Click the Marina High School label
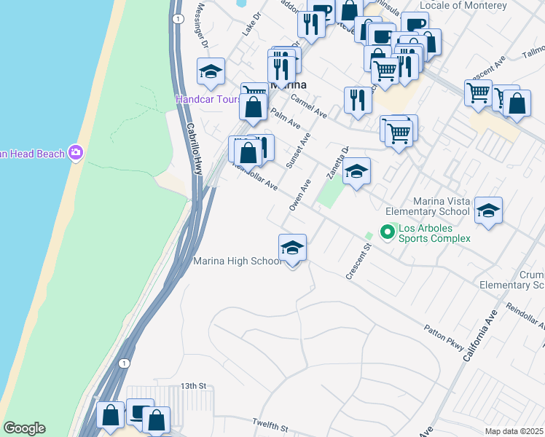[x=237, y=261]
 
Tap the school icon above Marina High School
[x=292, y=248]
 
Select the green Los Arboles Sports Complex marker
[x=388, y=232]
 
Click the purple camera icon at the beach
[x=75, y=153]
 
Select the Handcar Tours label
[x=208, y=99]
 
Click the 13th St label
[x=195, y=385]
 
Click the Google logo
[x=24, y=428]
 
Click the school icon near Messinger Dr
[x=211, y=71]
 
